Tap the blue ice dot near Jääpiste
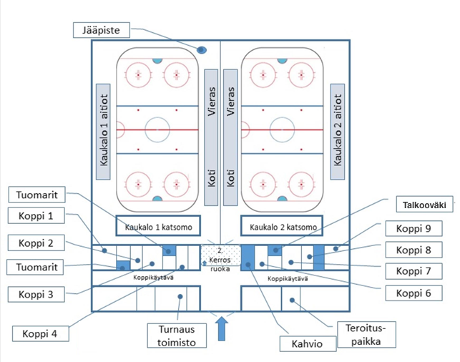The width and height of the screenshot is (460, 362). [x=202, y=50]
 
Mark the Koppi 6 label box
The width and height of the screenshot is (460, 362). [x=413, y=293]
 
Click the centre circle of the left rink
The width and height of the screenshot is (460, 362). [x=157, y=129]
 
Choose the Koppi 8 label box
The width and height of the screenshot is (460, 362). [x=413, y=250]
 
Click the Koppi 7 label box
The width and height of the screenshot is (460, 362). [x=413, y=270]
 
